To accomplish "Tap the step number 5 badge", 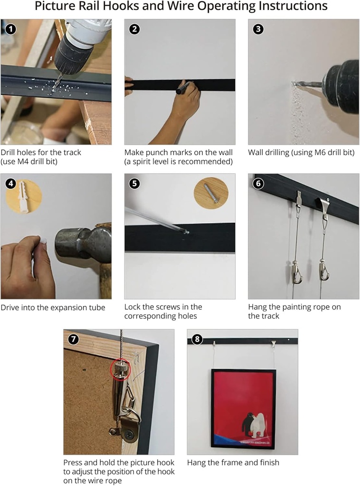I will pyautogui.click(x=134, y=183).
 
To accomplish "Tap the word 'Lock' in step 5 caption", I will pyautogui.click(x=133, y=307).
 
